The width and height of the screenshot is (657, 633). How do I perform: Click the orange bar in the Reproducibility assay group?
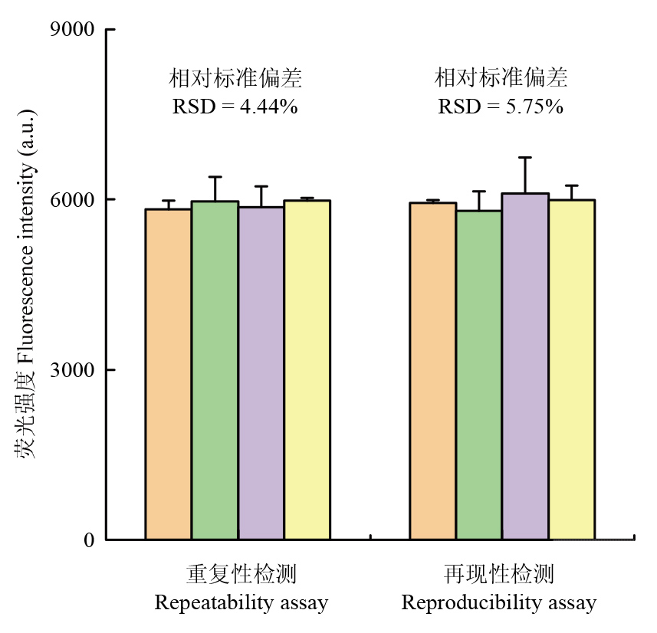(x=433, y=371)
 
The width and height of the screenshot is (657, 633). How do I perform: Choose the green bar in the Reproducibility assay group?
(x=479, y=375)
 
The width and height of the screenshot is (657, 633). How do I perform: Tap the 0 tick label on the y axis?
(x=88, y=540)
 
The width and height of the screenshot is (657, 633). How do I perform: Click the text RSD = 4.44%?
(x=235, y=107)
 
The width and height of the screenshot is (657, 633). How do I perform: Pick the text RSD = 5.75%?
(x=501, y=107)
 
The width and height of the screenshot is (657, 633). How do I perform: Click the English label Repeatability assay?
(x=241, y=603)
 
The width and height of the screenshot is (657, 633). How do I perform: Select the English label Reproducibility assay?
(x=499, y=603)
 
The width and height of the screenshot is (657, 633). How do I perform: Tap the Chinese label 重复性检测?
(x=241, y=575)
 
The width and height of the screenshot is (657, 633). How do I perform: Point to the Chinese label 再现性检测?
(x=499, y=575)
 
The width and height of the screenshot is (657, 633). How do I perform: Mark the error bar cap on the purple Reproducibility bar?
(x=525, y=158)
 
